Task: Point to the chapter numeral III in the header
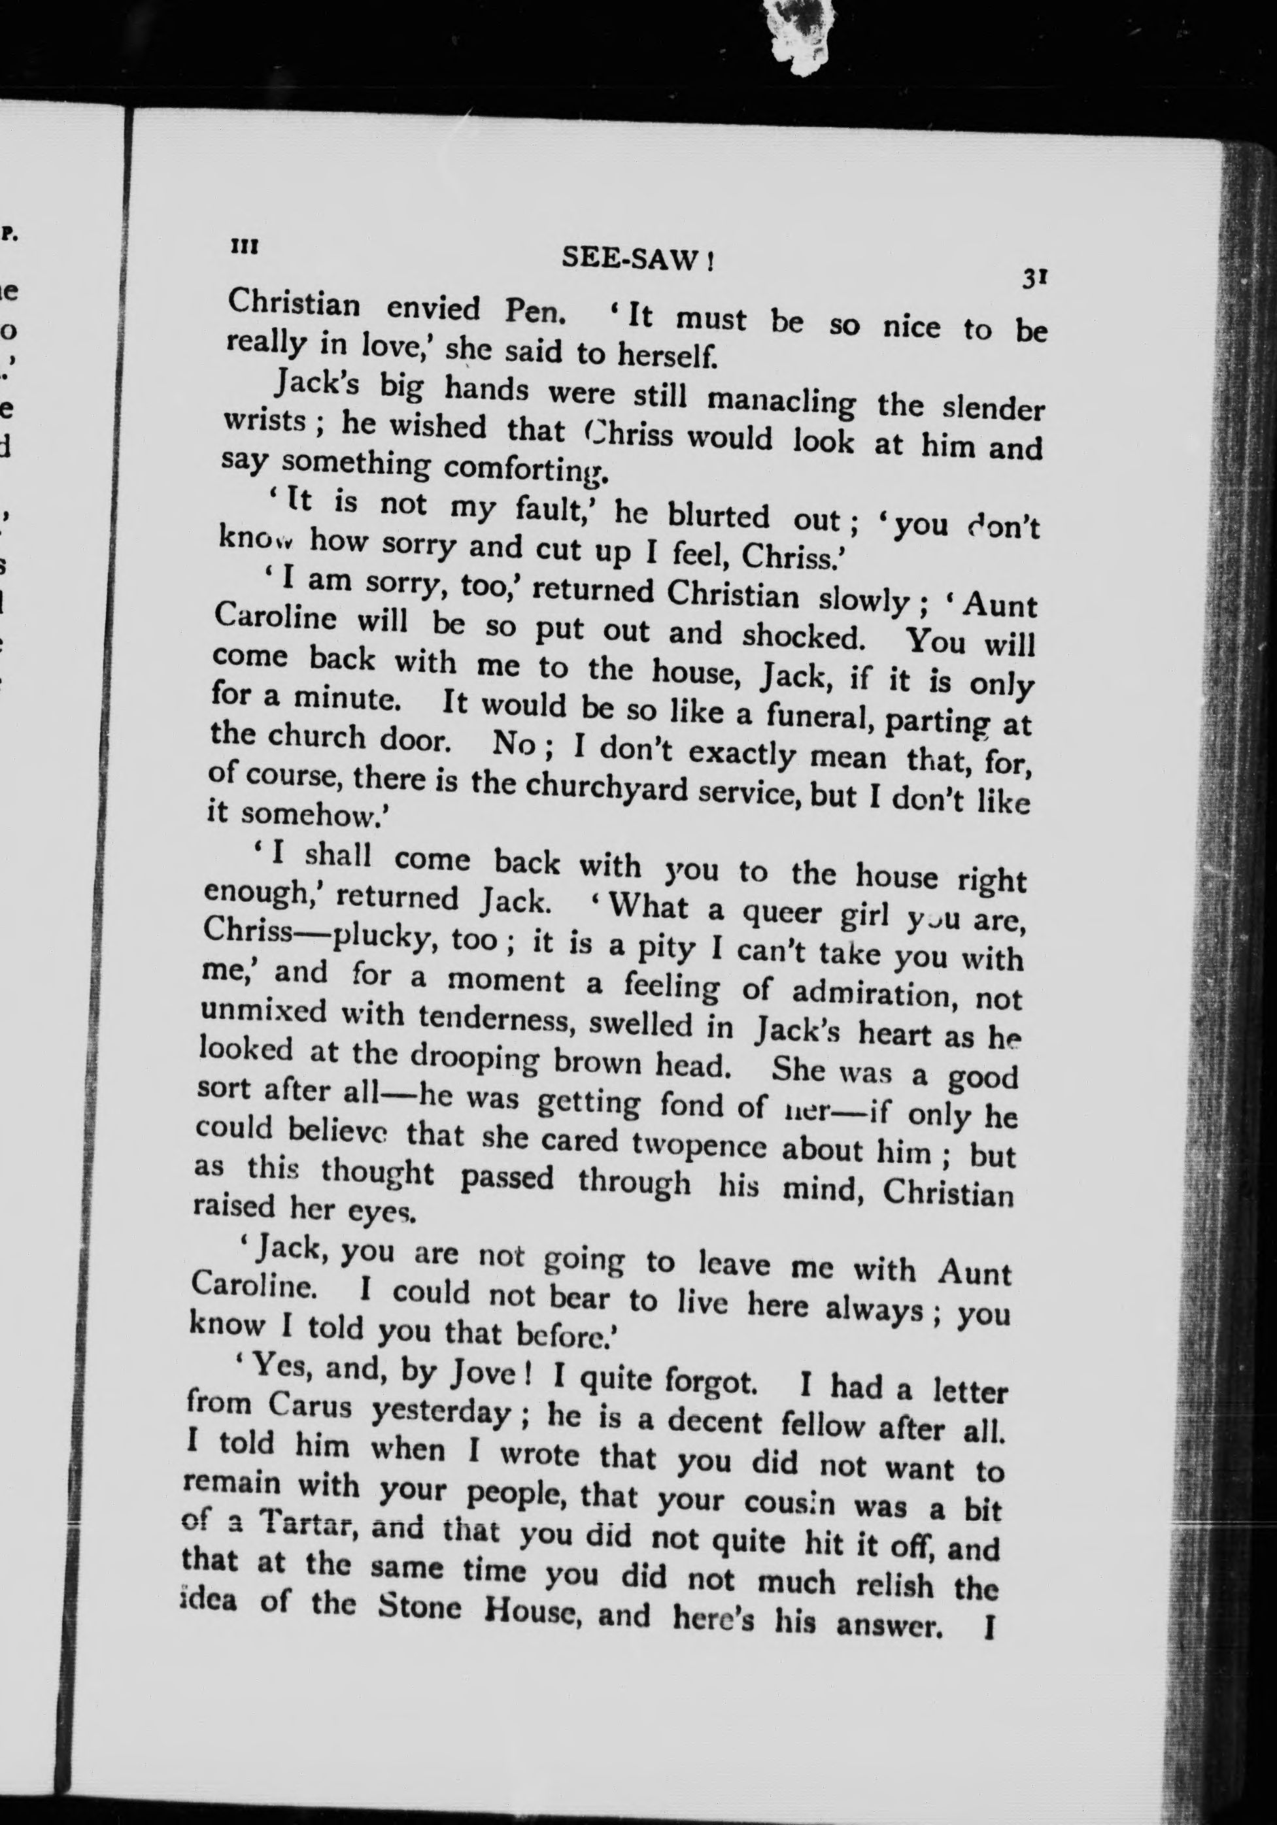coord(243,246)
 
